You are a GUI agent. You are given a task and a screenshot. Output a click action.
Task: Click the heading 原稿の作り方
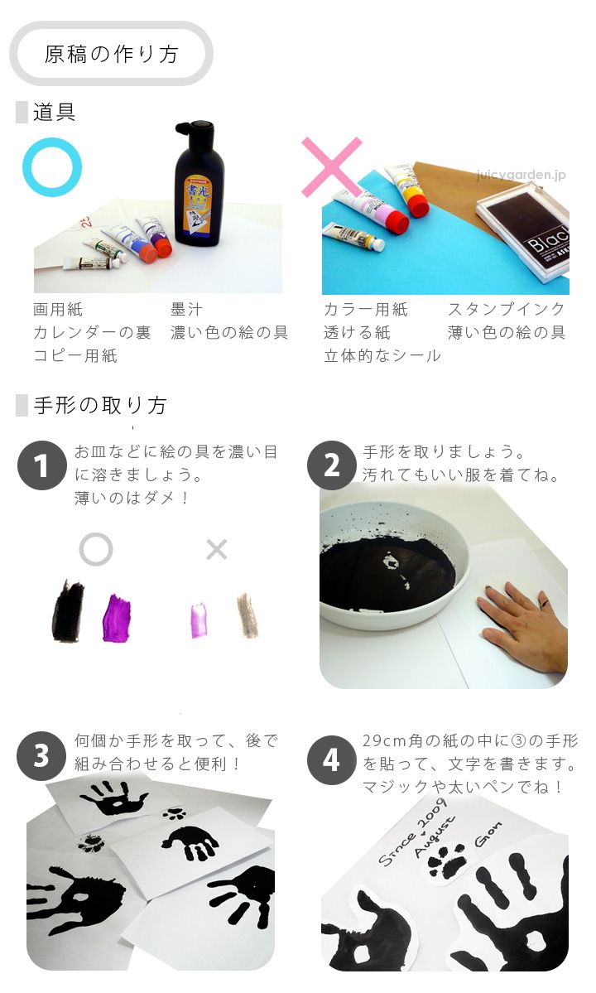(112, 54)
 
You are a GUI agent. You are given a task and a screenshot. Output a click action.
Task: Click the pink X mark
(332, 166)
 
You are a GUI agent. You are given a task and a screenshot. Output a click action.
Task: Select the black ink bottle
(197, 184)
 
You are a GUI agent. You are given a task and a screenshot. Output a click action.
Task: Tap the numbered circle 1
(42, 465)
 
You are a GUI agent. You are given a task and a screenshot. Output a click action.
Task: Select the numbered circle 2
(332, 465)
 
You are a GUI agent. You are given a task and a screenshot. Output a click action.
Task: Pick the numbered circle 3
(41, 755)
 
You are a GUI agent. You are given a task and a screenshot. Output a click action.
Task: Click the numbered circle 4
(332, 760)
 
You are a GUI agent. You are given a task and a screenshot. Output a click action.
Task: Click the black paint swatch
(68, 611)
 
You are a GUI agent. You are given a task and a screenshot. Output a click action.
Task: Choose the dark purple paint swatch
(117, 618)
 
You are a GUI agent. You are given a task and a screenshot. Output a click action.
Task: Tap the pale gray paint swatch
(248, 615)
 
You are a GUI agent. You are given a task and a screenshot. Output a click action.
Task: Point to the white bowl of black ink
(393, 570)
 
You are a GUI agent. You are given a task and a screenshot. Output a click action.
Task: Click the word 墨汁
(186, 309)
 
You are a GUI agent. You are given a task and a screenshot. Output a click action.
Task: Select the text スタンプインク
(506, 309)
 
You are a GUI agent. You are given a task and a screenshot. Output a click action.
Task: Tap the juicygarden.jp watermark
(521, 175)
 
